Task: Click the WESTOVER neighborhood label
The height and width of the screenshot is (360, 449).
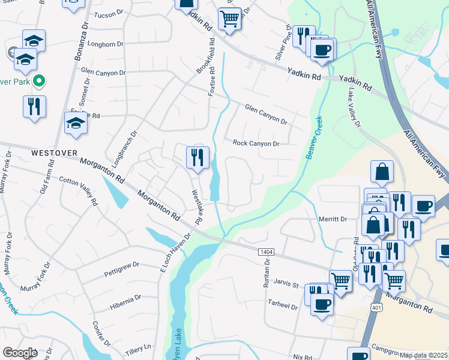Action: point(52,153)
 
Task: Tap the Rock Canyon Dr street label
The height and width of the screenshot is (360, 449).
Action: point(256,143)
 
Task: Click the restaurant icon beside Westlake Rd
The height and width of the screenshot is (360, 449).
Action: point(197,158)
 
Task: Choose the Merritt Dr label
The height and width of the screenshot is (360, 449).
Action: point(334,220)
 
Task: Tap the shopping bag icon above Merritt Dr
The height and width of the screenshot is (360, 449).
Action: point(382,172)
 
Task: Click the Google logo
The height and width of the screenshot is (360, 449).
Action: point(20,353)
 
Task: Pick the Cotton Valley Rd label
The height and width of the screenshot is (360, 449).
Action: point(79,191)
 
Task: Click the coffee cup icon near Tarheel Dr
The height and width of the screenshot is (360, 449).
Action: point(322,304)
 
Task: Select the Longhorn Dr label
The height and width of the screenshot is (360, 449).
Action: point(105,44)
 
